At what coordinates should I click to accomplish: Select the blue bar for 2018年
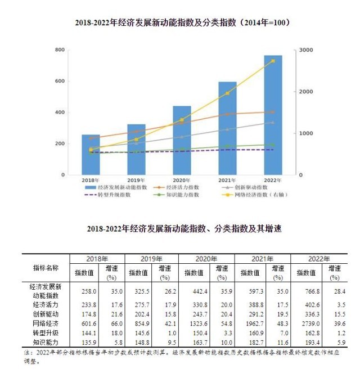click(x=91, y=155)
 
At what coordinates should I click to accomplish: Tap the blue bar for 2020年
click(x=182, y=141)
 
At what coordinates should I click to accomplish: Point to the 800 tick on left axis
click(x=59, y=51)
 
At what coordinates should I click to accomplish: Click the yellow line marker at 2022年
click(x=273, y=61)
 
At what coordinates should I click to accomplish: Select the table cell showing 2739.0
click(x=305, y=325)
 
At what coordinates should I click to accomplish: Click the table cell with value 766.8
click(x=305, y=291)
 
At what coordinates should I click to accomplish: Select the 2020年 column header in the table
click(x=206, y=259)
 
